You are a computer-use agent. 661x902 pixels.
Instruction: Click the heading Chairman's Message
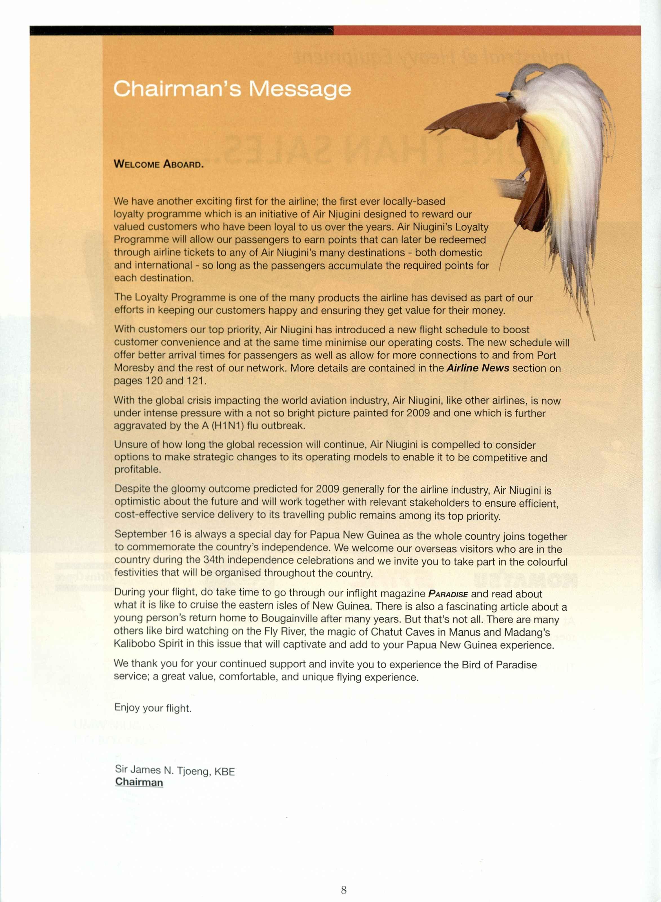(232, 89)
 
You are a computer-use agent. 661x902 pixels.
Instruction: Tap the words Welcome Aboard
(159, 164)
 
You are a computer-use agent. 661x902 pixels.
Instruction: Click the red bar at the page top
(487, 30)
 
